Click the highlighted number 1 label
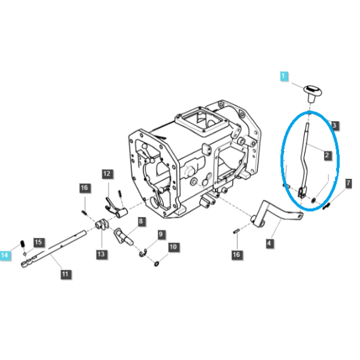(284, 76)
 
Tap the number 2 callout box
(327, 155)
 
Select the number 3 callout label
(334, 125)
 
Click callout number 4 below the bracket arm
(269, 243)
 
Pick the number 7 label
(349, 184)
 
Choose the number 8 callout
(141, 221)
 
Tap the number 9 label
(161, 235)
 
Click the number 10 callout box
(173, 247)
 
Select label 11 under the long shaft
(65, 274)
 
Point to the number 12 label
(107, 174)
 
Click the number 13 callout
(101, 254)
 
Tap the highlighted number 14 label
(5, 255)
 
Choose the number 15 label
(38, 242)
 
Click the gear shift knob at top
(313, 93)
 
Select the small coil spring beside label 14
(23, 244)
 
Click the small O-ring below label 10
(157, 264)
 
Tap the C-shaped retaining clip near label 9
(143, 253)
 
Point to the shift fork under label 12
(116, 208)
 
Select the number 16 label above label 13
(84, 188)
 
